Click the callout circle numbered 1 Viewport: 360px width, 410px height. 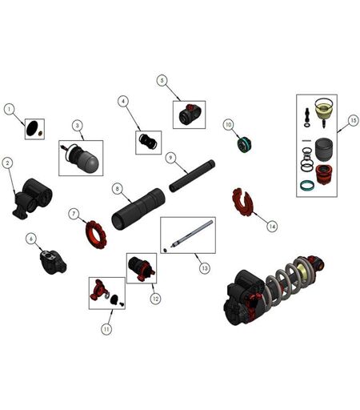click(x=10, y=109)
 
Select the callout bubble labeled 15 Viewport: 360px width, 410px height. click(x=353, y=121)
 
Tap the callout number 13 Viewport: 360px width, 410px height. click(x=205, y=267)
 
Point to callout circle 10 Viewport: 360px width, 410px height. click(x=229, y=125)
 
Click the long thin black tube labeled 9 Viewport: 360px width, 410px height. click(x=192, y=175)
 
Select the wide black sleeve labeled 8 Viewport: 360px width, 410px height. click(x=138, y=208)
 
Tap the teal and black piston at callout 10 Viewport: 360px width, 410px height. click(x=244, y=144)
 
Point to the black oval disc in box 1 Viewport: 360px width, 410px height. click(x=32, y=128)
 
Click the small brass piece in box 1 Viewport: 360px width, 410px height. click(x=41, y=133)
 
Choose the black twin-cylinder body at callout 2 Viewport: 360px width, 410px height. click(x=33, y=198)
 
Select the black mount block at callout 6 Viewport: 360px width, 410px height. click(x=53, y=262)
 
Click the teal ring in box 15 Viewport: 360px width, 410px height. click(x=307, y=186)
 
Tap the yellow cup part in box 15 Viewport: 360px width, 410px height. click(x=324, y=111)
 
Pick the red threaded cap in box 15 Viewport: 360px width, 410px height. click(x=324, y=175)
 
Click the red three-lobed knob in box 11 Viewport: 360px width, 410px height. click(x=98, y=289)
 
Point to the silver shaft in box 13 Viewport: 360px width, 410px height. click(x=192, y=233)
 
